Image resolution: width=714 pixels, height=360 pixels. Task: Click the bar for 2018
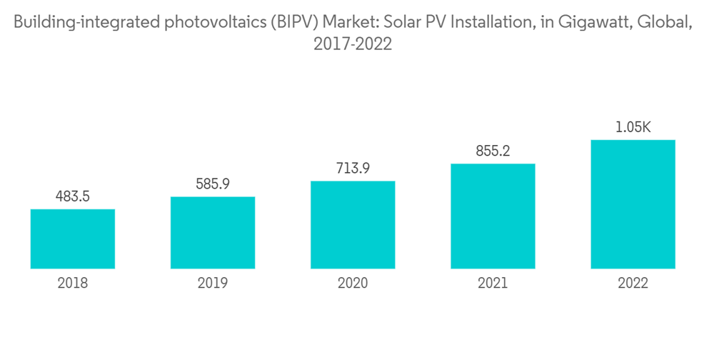tap(73, 239)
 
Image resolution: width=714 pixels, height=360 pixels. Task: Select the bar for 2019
tap(213, 232)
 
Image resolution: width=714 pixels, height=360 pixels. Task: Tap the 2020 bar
tap(353, 224)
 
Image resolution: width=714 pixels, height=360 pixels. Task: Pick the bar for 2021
tap(493, 216)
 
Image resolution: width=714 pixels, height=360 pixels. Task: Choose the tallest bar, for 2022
tap(633, 204)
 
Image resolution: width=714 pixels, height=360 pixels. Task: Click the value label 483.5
tap(73, 196)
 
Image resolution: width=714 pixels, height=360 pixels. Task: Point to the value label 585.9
tap(213, 184)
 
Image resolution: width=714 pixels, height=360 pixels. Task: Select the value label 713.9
tap(353, 168)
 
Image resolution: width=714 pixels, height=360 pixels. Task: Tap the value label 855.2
tap(493, 151)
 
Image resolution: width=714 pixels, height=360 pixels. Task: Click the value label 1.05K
tap(633, 127)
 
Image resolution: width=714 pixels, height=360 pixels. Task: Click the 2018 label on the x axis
tap(73, 284)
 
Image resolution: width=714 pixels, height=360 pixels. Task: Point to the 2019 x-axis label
tap(213, 284)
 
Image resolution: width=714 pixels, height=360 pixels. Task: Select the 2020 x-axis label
tap(353, 284)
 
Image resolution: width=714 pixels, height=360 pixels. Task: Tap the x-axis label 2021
tap(493, 284)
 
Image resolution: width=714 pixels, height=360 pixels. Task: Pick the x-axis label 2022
tap(633, 284)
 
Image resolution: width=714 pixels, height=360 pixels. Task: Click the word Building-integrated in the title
tap(75, 24)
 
